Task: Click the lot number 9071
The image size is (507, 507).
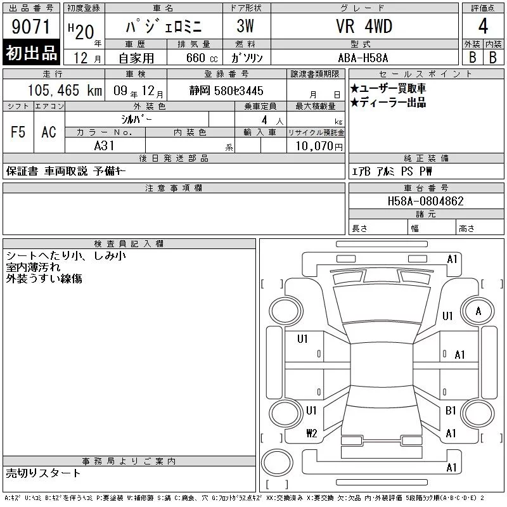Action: click(31, 27)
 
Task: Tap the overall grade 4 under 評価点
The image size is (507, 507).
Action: click(483, 26)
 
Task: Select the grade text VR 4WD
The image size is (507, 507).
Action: click(364, 26)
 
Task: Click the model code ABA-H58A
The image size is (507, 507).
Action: click(363, 58)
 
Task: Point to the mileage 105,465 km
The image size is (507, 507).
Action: click(65, 90)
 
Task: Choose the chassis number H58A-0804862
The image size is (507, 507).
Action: click(426, 201)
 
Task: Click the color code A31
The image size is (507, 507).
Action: click(104, 146)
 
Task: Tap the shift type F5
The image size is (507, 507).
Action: click(18, 132)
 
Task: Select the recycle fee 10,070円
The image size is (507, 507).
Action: click(319, 146)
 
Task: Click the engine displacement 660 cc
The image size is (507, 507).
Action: click(202, 58)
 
